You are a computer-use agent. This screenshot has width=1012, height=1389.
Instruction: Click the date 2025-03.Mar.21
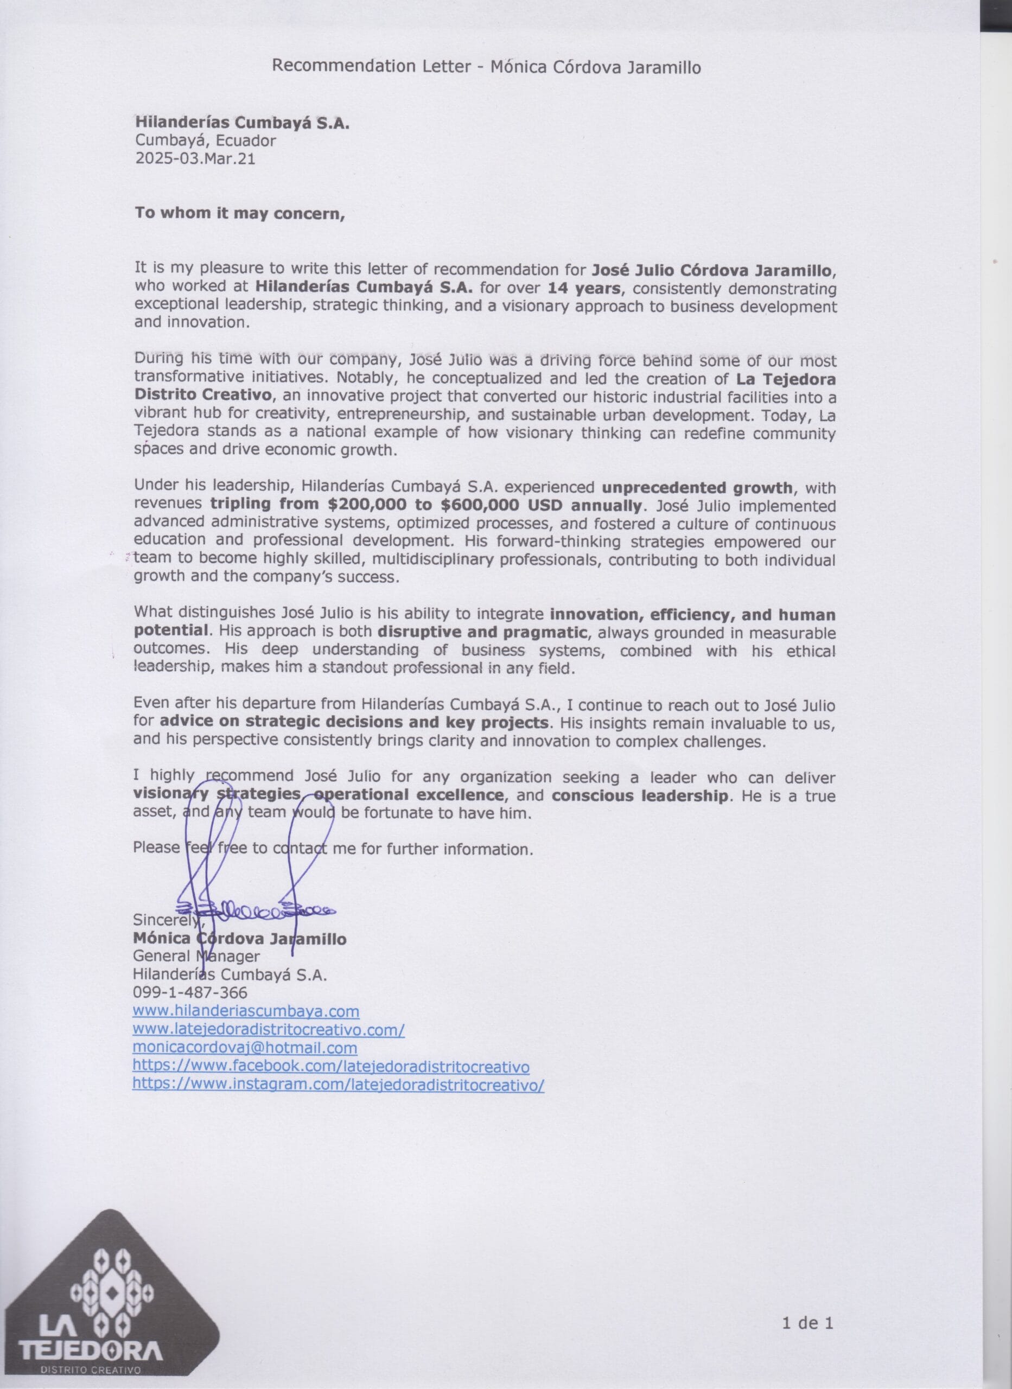[x=195, y=159]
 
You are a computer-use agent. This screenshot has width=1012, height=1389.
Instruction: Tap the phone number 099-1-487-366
[x=190, y=992]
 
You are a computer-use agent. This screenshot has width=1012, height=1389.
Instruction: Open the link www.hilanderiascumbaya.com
[x=246, y=1010]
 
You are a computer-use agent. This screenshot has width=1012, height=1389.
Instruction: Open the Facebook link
[x=331, y=1066]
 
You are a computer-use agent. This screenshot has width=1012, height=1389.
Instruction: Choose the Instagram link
[x=338, y=1084]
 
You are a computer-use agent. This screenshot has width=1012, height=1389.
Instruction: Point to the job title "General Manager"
[x=196, y=955]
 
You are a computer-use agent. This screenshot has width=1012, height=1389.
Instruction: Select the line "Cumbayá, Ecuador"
[x=205, y=141]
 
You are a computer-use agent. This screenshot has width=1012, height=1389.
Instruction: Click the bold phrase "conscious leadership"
[x=640, y=795]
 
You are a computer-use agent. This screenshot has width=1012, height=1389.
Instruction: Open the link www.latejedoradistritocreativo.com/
[x=268, y=1029]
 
